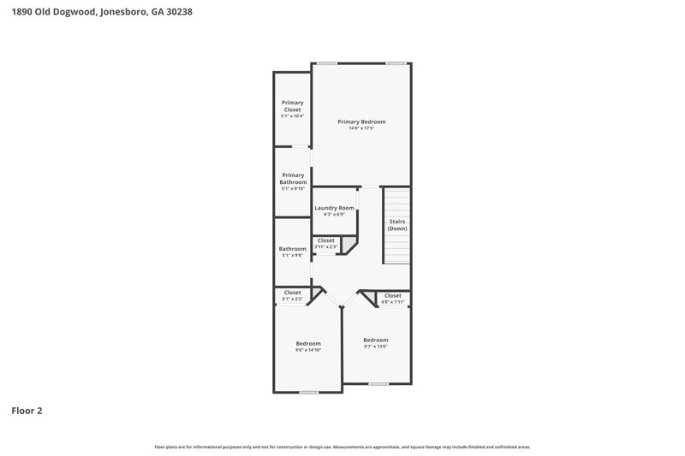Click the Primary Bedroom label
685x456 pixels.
[x=360, y=121]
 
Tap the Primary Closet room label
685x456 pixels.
[x=293, y=106]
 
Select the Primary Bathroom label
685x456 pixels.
[x=293, y=179]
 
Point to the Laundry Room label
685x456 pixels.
[x=334, y=208]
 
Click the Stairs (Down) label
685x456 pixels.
[x=397, y=225]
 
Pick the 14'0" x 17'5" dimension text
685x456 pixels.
[x=360, y=128]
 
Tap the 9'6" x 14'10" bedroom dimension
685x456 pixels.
[x=308, y=350]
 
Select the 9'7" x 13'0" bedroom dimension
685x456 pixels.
[x=375, y=346]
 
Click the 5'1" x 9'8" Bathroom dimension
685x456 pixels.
[x=293, y=255]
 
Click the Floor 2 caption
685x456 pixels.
[x=27, y=411]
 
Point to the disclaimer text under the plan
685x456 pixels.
[x=342, y=447]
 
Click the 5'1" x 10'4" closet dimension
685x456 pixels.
[x=293, y=115]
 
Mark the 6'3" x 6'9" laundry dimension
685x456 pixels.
[x=334, y=215]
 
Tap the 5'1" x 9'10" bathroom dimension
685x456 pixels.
[x=293, y=188]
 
